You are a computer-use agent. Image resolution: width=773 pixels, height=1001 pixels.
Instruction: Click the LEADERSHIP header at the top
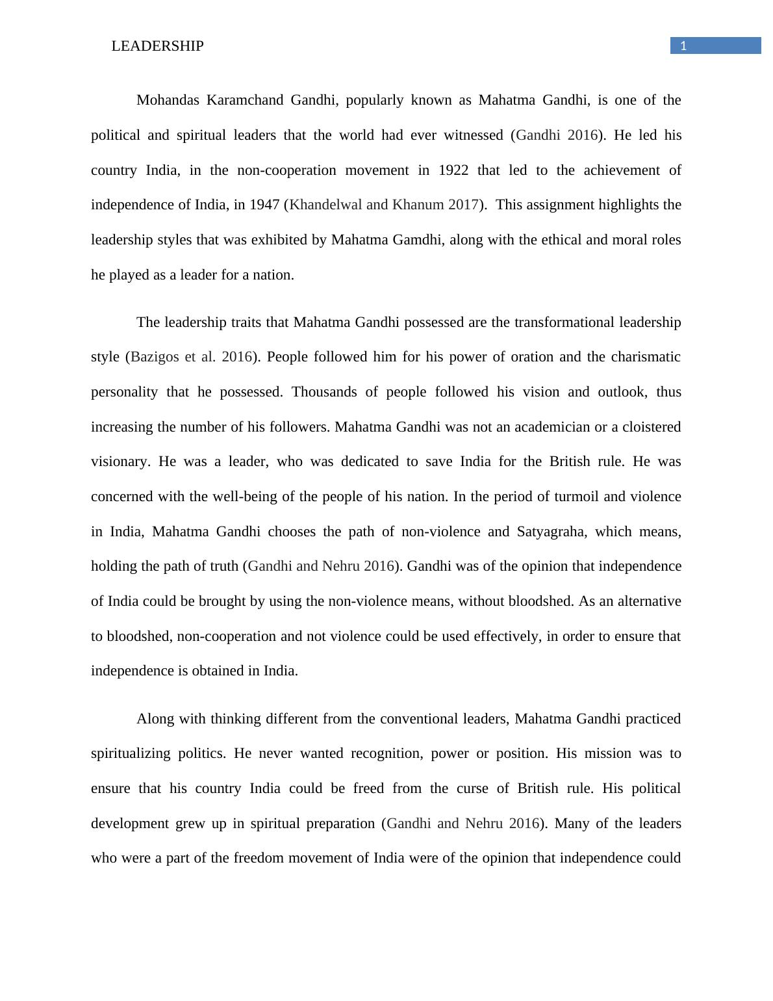[x=157, y=46]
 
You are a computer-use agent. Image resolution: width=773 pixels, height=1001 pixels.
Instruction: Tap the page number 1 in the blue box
[x=683, y=45]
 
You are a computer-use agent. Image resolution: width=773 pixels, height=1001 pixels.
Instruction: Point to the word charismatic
[x=645, y=357]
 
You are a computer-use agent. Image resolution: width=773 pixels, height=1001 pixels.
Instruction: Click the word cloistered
[x=652, y=427]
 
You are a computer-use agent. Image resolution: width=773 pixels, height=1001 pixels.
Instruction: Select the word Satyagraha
[x=551, y=532]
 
